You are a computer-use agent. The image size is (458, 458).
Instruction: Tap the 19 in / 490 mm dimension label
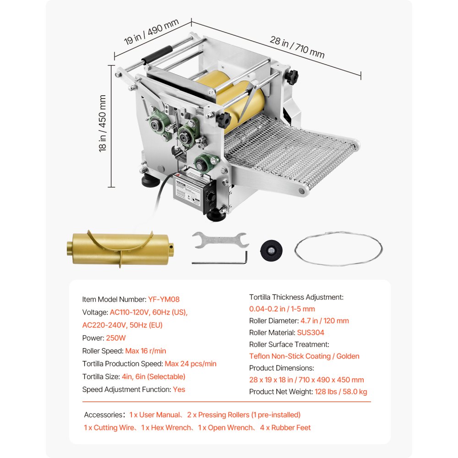point(151,33)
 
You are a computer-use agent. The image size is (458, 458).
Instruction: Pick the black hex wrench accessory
point(220,260)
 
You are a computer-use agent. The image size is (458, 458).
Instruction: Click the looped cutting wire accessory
point(338,249)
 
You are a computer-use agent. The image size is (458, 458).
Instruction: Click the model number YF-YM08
point(164,300)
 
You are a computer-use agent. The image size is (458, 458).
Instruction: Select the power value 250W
point(116,338)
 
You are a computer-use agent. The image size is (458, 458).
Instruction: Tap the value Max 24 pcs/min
point(191,364)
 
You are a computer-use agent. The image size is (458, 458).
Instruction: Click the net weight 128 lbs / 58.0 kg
point(341,392)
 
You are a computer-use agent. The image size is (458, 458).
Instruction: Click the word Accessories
point(103,415)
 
